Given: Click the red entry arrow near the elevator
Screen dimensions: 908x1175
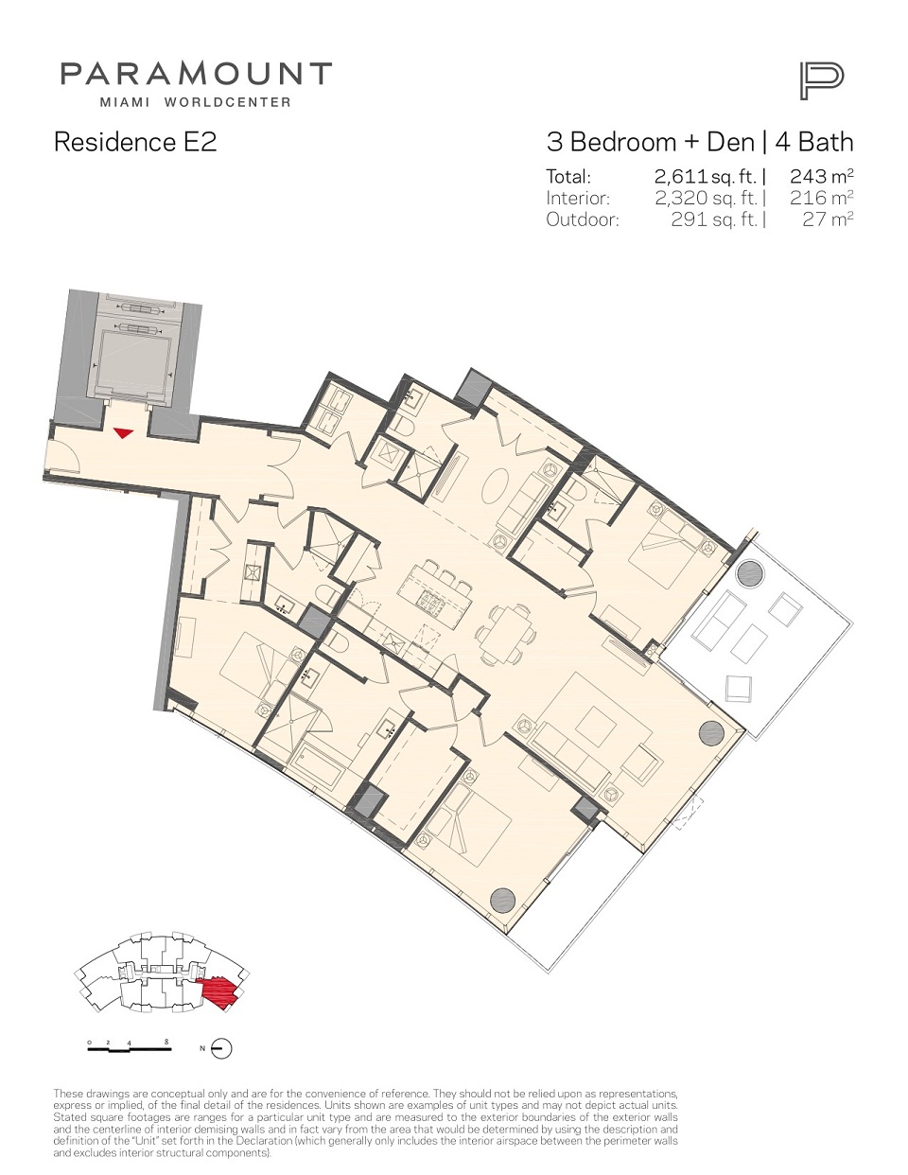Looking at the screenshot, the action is coord(123,432).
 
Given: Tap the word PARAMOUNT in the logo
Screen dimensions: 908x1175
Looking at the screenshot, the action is coord(196,74).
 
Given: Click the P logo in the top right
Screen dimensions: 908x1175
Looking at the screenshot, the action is coord(822,81).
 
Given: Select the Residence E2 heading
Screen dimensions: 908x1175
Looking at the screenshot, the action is coord(135,142).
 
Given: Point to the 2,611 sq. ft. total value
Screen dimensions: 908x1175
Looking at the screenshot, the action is coord(706,177).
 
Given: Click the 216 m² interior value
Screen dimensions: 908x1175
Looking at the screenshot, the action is coord(822,198).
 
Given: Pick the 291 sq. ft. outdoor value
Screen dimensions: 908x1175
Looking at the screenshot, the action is coord(713,219).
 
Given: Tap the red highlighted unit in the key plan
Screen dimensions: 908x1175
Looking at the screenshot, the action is coord(219,992).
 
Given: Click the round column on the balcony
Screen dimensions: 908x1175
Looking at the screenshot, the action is coord(749,571).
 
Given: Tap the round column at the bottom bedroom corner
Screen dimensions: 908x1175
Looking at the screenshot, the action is coord(502,900).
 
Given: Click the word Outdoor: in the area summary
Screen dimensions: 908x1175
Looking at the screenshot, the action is coord(582,220).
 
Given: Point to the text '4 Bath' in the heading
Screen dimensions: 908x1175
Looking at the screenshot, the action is coord(814,142).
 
